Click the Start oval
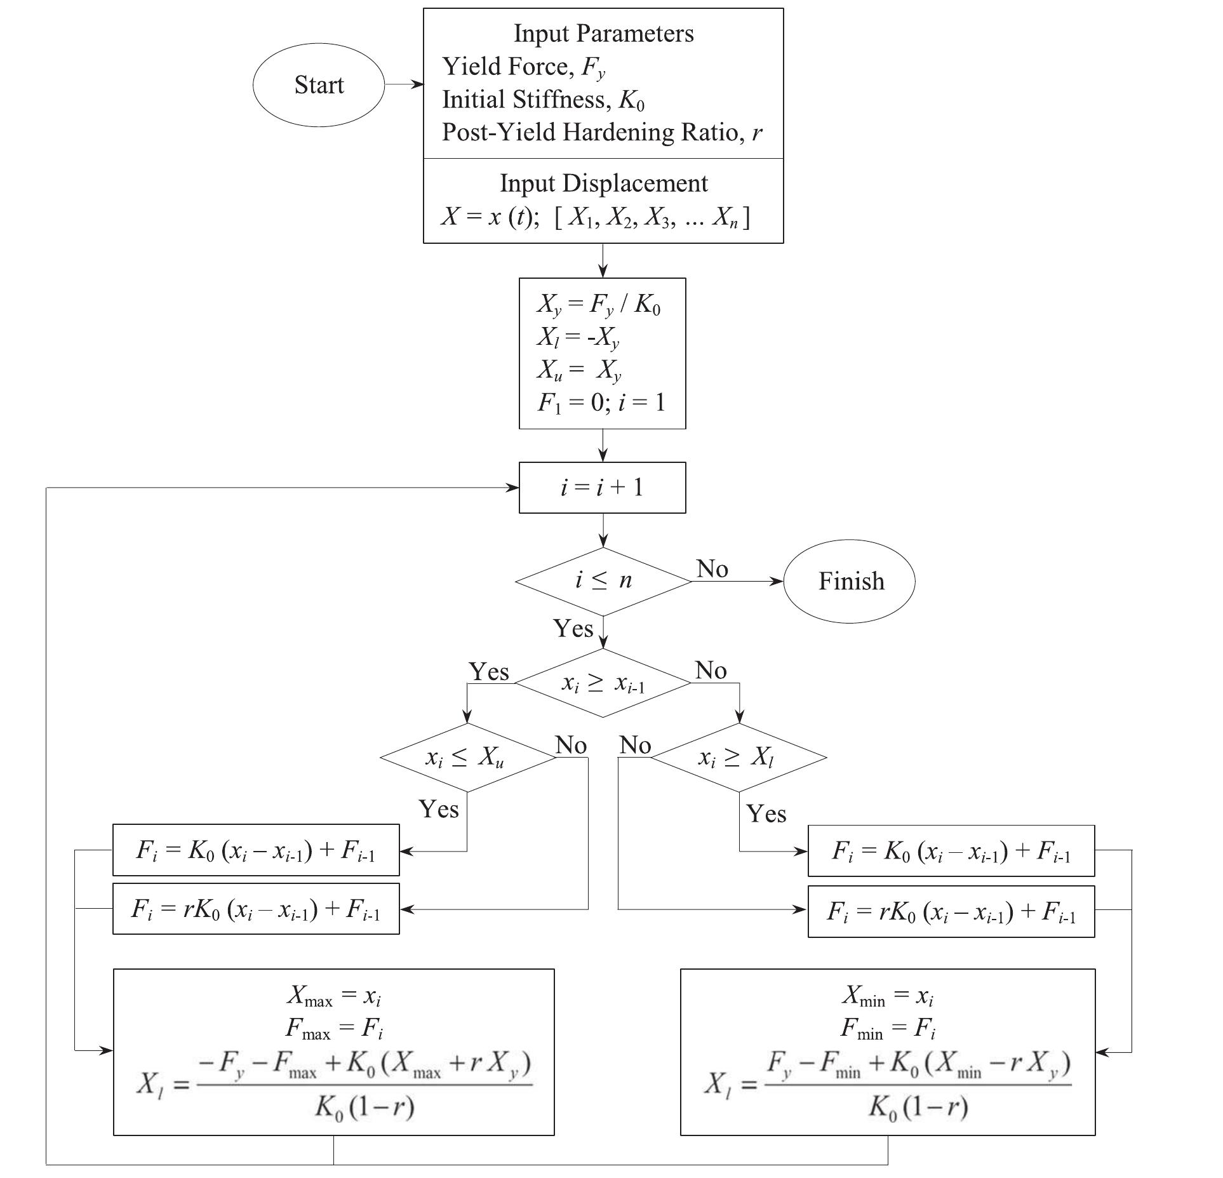318,84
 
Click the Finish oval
850,581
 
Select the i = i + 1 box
602,487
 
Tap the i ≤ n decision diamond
603,581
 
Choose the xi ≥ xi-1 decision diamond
603,683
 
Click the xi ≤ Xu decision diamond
467,757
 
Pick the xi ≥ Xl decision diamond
738,757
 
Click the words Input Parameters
603,33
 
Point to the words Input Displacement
603,183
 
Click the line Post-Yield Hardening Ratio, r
601,132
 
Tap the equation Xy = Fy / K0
598,305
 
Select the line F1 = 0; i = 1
601,402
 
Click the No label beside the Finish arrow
712,568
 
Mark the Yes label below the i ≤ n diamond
573,628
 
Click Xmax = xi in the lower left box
333,995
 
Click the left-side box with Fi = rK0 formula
256,909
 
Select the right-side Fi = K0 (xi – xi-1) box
951,850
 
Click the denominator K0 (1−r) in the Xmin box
918,1107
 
